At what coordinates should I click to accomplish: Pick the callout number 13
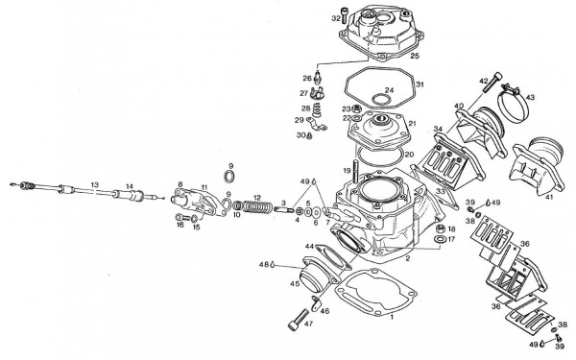[94, 183]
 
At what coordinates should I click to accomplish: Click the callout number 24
[389, 90]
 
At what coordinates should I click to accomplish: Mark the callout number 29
[298, 121]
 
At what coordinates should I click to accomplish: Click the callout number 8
[180, 183]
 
